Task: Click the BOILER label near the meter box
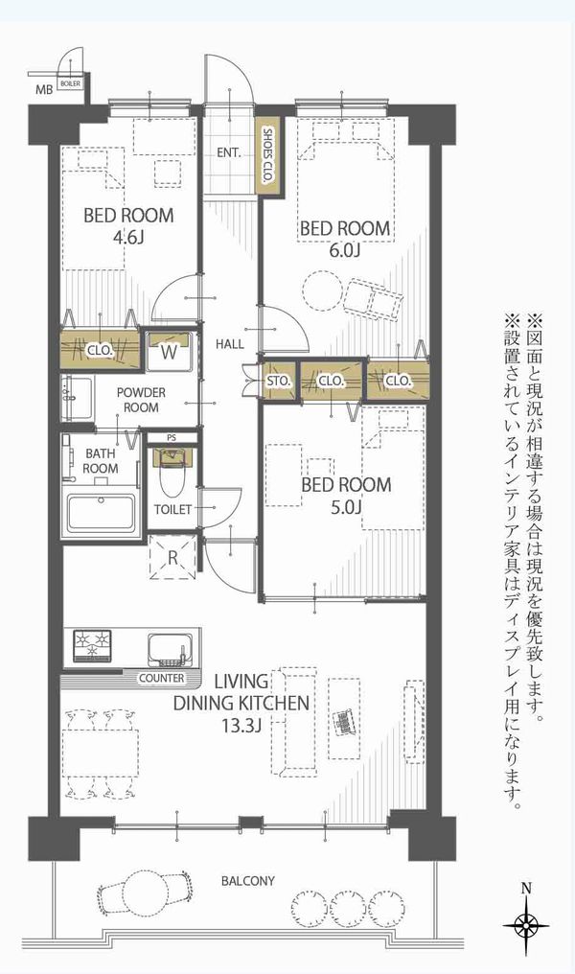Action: click(x=70, y=83)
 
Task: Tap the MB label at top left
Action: click(x=43, y=89)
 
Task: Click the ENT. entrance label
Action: click(x=228, y=152)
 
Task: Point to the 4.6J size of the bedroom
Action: click(x=128, y=237)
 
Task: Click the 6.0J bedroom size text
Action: click(x=345, y=249)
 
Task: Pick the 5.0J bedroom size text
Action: click(x=346, y=506)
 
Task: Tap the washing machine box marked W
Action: click(x=170, y=352)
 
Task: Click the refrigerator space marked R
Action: click(x=173, y=557)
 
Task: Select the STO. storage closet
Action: click(x=279, y=381)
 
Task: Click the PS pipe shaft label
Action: click(x=172, y=437)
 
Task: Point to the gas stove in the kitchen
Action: click(x=93, y=645)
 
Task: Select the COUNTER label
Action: click(x=161, y=679)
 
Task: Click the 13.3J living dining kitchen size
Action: click(x=241, y=725)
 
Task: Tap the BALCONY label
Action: click(x=248, y=881)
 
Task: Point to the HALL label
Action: click(x=230, y=343)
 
